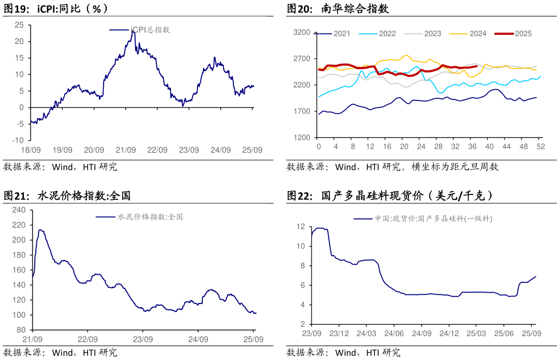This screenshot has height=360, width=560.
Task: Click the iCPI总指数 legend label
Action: pos(150,30)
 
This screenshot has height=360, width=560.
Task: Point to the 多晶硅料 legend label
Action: pos(433,219)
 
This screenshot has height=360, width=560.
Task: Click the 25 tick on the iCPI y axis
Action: pos(20,25)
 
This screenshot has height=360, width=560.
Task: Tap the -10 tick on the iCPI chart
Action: pos(18,141)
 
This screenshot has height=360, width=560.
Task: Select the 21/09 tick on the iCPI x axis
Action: pos(126,150)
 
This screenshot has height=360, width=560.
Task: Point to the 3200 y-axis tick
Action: pos(301,33)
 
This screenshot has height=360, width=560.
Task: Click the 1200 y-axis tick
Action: pos(301,138)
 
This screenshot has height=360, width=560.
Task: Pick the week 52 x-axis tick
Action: pos(540,147)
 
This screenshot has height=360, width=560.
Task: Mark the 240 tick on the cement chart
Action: pos(19,210)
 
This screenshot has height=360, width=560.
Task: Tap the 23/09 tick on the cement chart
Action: pos(143,339)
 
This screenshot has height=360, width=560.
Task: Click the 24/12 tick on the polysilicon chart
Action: pos(449,333)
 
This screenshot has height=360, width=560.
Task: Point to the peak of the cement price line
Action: pos(40,230)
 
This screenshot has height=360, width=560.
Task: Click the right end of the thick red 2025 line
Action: pos(476,67)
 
